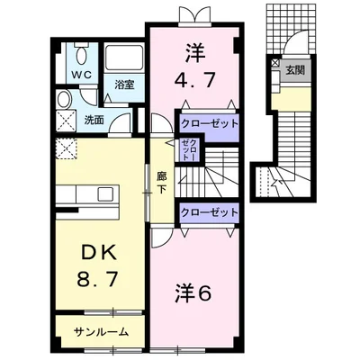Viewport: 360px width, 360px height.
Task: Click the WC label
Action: click(x=80, y=72)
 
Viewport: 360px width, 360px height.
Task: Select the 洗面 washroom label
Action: click(x=94, y=117)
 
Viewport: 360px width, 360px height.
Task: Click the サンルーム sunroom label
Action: click(x=101, y=331)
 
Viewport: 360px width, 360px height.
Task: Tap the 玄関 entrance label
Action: click(x=294, y=70)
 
